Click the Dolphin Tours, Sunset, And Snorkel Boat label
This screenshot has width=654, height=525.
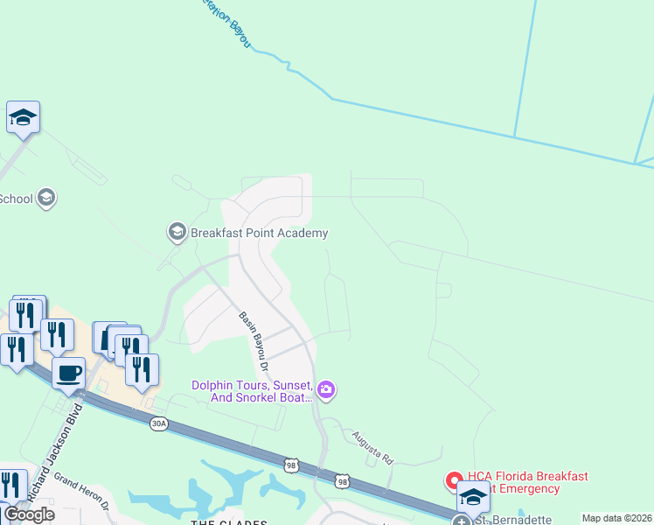tap(253, 391)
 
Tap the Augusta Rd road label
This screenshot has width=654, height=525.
tap(373, 446)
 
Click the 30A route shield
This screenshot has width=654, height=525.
tap(157, 423)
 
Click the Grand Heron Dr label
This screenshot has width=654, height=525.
tap(81, 491)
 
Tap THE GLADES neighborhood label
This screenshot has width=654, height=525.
tap(229, 521)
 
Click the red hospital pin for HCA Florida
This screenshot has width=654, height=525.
tap(454, 480)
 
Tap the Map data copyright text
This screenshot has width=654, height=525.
tap(616, 518)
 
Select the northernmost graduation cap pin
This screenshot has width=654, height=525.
tap(23, 117)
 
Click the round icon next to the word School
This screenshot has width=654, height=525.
tap(47, 199)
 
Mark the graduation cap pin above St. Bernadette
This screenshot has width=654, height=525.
tap(472, 498)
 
